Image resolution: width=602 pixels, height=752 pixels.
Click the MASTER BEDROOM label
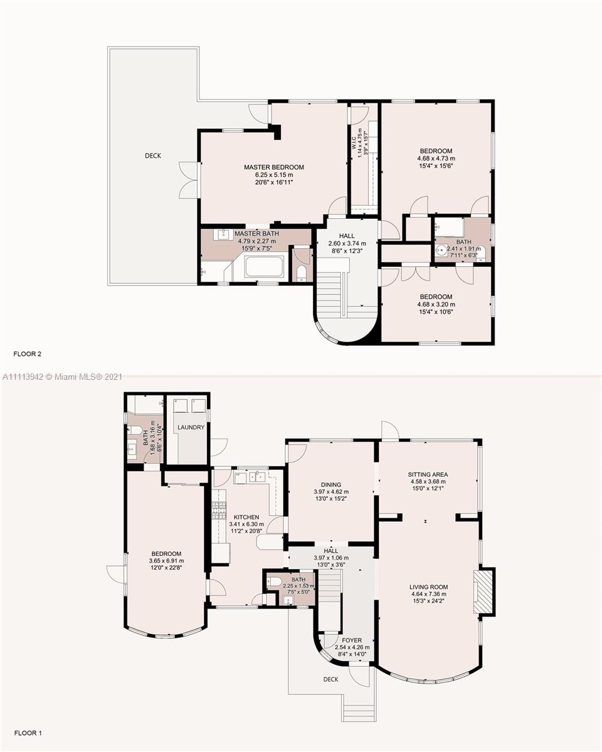point(274,167)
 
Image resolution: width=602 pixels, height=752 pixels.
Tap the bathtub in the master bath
point(264,267)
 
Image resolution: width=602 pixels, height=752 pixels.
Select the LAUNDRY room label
point(191,427)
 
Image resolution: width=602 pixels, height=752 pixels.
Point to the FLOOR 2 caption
point(28,353)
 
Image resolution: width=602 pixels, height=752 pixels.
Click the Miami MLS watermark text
point(62,377)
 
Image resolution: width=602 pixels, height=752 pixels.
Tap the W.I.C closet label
point(354,143)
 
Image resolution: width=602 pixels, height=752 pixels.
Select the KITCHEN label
point(246,517)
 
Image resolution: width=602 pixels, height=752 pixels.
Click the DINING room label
point(331,484)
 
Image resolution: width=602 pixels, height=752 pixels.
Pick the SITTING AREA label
point(428,474)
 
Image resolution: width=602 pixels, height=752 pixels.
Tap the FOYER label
point(352,640)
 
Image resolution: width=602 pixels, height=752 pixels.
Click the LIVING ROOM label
point(428,587)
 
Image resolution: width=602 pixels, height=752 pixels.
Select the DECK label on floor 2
point(153,155)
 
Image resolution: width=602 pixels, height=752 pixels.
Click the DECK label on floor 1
point(330,679)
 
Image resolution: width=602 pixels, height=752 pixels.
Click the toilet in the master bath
point(301,273)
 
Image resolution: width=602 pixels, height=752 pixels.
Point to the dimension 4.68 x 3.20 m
point(436,304)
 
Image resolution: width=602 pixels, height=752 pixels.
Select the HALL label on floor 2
point(347,236)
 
